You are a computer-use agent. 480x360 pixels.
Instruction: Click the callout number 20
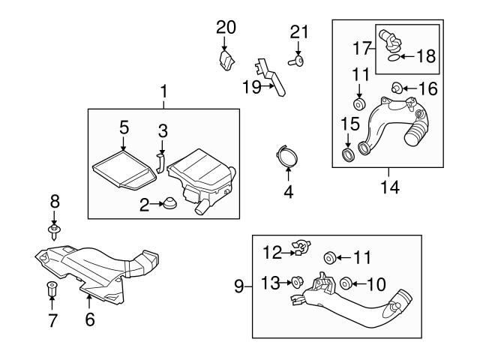click(x=226, y=28)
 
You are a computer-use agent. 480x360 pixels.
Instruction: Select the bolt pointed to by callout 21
click(x=296, y=61)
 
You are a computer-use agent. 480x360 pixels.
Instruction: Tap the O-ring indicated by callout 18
click(x=394, y=58)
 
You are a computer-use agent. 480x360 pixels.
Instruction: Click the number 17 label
click(x=361, y=48)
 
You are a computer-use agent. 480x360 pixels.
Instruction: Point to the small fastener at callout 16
click(x=396, y=88)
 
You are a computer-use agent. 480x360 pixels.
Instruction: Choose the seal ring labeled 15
click(x=348, y=154)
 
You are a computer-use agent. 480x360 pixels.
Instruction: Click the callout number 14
click(x=390, y=187)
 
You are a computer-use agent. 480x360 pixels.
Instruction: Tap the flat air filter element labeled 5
click(x=123, y=169)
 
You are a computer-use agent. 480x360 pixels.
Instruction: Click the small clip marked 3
click(x=160, y=163)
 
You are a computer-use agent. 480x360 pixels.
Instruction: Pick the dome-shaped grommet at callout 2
click(x=169, y=203)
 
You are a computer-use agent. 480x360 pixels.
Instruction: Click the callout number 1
click(x=164, y=91)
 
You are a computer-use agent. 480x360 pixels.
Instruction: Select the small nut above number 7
click(x=52, y=288)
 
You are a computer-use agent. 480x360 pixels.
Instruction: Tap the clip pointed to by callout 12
click(x=301, y=247)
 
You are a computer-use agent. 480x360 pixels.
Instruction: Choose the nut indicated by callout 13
click(x=297, y=282)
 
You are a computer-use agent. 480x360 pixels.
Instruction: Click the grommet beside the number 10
click(x=346, y=283)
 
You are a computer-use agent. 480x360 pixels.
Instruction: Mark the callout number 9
click(x=238, y=286)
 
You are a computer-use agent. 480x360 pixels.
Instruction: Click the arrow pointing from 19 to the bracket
click(x=268, y=86)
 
